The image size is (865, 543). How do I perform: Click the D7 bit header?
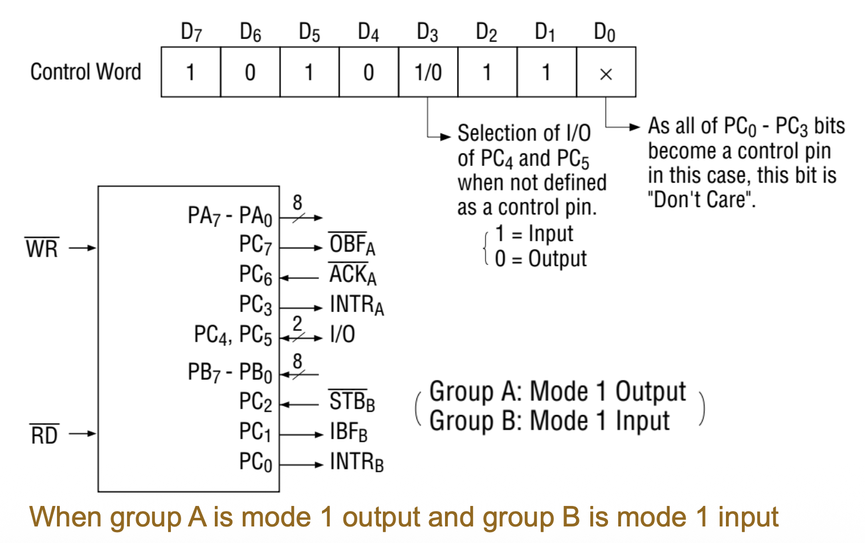pos(191,33)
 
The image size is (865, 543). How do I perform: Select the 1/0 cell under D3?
pos(428,72)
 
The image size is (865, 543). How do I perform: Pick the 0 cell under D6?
pos(250,72)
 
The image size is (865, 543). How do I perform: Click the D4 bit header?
pos(368,33)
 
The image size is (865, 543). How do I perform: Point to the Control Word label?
pos(85,72)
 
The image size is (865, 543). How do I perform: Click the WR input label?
pos(42,249)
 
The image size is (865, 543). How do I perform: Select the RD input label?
pos(44,435)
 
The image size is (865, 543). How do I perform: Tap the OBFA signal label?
pos(352,245)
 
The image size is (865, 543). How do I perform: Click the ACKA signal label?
pos(353,275)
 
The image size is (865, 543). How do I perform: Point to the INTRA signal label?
pos(357,305)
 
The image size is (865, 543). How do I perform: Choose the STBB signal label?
pos(352,402)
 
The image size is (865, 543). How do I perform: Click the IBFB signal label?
pos(349,432)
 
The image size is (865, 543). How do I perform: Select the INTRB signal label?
pos(357,462)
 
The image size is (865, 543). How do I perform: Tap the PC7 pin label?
pos(255,245)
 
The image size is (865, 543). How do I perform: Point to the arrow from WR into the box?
pos(83,248)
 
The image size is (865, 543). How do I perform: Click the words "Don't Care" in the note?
pos(701,200)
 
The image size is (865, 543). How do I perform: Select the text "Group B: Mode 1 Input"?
pos(549,422)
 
